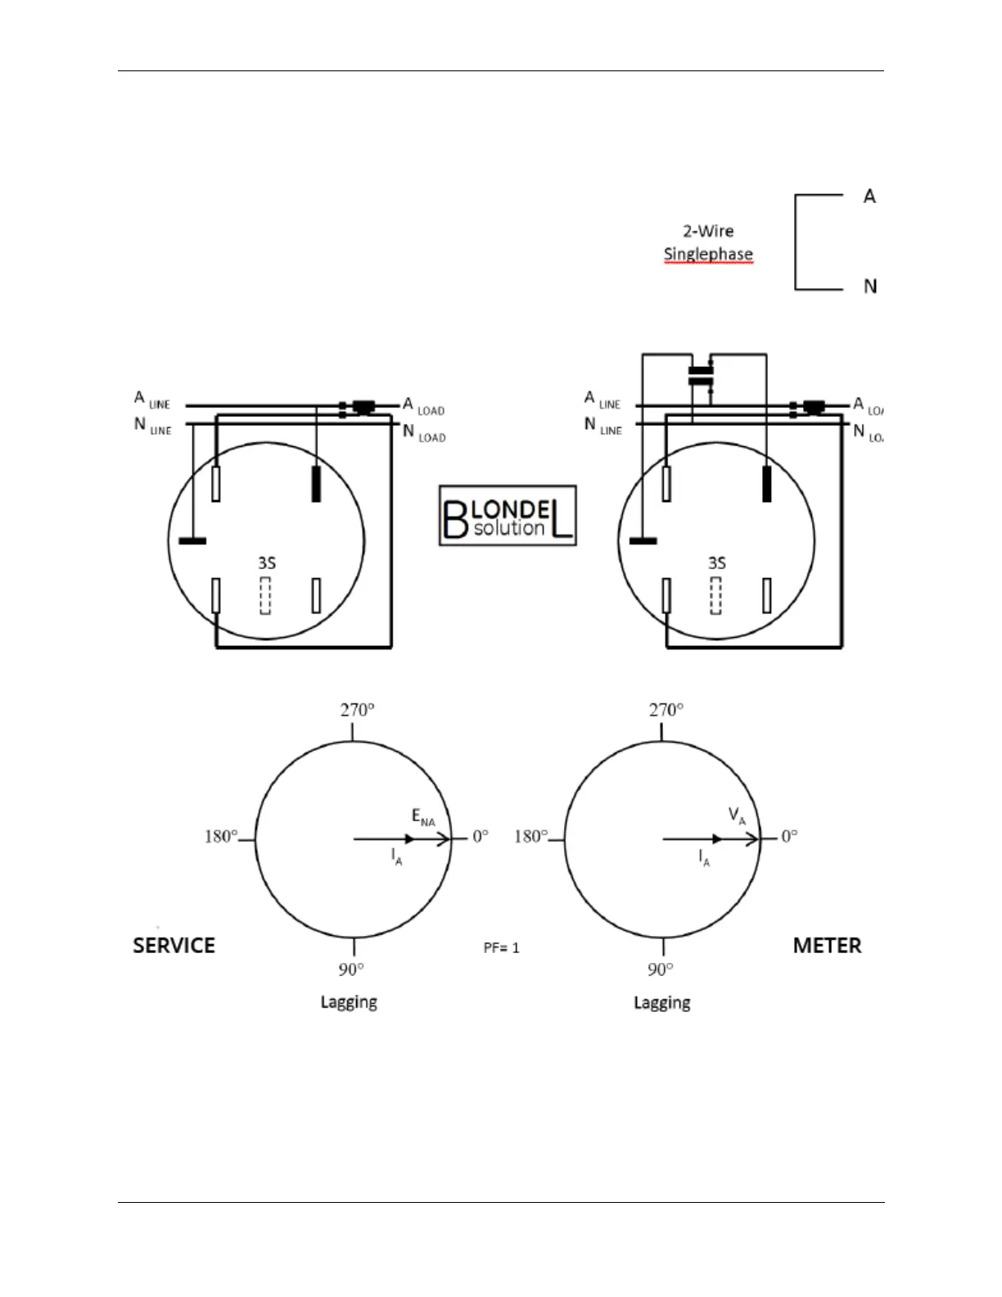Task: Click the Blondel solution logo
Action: [x=508, y=516]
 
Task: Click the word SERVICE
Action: [x=174, y=946]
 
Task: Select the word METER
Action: [x=827, y=946]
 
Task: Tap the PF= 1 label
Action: [x=501, y=948]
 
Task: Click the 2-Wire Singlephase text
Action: [x=708, y=242]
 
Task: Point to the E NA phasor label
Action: [x=423, y=817]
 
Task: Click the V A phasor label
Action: [x=737, y=816]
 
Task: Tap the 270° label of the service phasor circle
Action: [x=358, y=710]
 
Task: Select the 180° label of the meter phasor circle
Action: [x=530, y=836]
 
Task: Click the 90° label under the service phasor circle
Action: [x=351, y=969]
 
